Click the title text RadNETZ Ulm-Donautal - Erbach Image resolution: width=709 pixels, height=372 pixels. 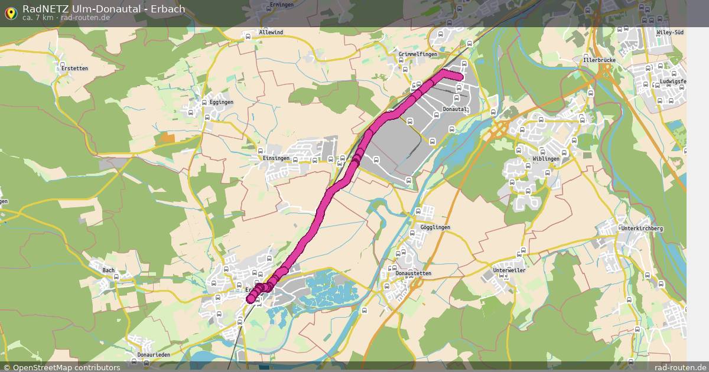pyautogui.click(x=103, y=9)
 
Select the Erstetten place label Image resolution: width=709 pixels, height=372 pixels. pyautogui.click(x=74, y=68)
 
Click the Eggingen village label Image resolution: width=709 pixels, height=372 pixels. pyautogui.click(x=222, y=102)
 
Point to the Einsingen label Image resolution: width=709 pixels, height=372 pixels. pyautogui.click(x=277, y=158)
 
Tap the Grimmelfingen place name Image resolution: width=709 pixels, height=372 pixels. pyautogui.click(x=418, y=54)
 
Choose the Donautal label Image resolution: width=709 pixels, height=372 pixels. pyautogui.click(x=455, y=109)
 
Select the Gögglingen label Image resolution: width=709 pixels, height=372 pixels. pyautogui.click(x=435, y=227)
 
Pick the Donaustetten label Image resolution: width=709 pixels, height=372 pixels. pyautogui.click(x=414, y=274)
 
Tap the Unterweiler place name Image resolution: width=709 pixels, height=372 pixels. pyautogui.click(x=509, y=270)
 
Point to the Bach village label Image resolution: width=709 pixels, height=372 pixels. pyautogui.click(x=109, y=270)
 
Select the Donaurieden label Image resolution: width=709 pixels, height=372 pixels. pyautogui.click(x=154, y=355)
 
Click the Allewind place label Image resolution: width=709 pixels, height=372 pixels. pyautogui.click(x=271, y=32)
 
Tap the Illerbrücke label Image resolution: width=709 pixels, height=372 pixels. pyautogui.click(x=599, y=60)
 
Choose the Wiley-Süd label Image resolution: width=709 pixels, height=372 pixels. pyautogui.click(x=671, y=32)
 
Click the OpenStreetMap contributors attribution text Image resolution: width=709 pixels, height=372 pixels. pyautogui.click(x=66, y=367)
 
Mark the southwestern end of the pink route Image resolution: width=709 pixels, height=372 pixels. pyautogui.click(x=251, y=299)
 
